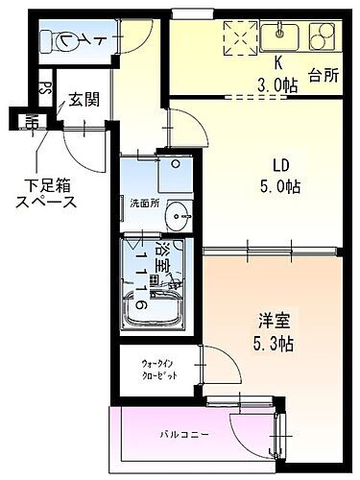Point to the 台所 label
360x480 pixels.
coord(324,73)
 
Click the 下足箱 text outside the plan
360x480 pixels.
coord(46,185)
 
